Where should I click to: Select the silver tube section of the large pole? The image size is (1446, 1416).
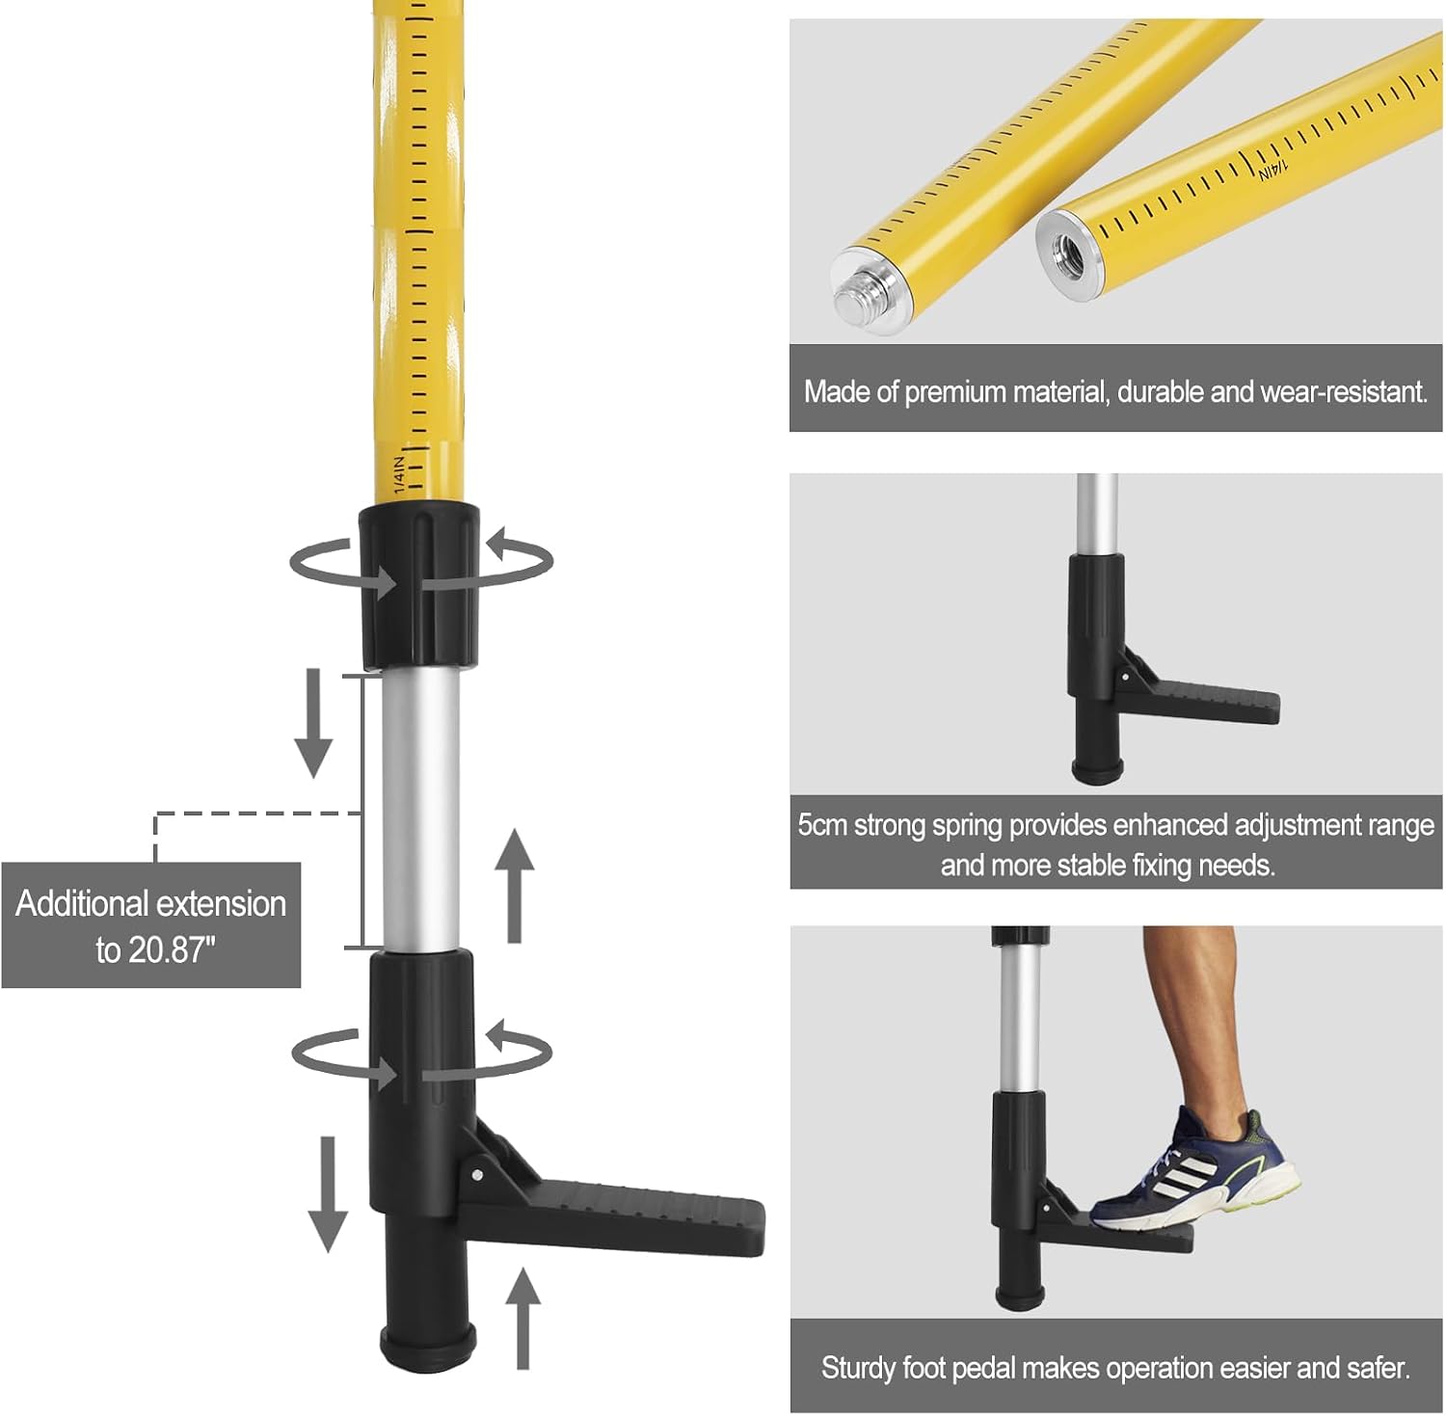click(420, 810)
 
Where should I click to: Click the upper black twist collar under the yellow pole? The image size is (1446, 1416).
click(419, 585)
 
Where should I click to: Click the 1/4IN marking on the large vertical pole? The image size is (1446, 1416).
click(400, 468)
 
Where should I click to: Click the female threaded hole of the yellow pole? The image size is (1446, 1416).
click(1073, 254)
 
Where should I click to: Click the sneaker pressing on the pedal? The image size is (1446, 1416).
click(1195, 1171)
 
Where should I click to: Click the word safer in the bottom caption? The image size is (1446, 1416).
click(1380, 1368)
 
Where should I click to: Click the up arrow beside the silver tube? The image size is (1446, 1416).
click(515, 885)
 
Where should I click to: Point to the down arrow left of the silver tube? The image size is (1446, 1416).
click(313, 723)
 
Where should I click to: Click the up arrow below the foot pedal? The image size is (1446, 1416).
click(522, 1319)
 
